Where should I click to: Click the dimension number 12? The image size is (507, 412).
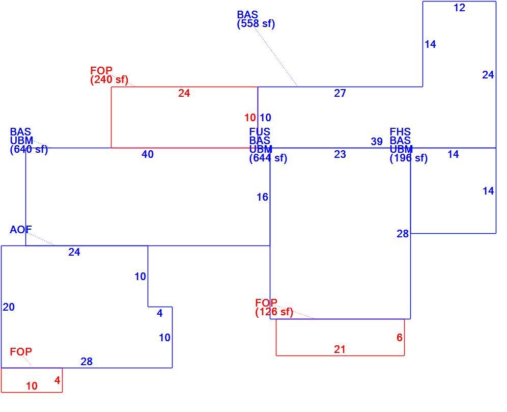tap(459, 8)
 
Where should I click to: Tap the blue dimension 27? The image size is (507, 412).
tap(340, 93)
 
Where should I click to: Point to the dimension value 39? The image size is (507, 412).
tap(377, 141)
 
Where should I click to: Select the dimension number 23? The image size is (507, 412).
tap(340, 154)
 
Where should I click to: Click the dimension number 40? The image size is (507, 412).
tap(148, 154)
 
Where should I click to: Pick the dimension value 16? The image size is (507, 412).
tap(262, 197)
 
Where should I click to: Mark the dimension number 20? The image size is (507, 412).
tap(9, 307)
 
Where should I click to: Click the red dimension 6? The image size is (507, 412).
tap(399, 337)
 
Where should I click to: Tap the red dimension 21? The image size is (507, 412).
tap(340, 349)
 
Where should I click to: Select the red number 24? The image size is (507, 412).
tap(184, 93)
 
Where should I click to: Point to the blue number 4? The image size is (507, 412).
tap(159, 313)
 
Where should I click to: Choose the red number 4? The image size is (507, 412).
tap(57, 380)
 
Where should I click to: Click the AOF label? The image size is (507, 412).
tap(21, 230)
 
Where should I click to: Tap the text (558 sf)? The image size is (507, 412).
tap(256, 23)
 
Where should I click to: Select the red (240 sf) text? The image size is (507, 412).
tap(109, 79)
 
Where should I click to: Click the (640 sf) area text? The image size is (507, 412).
tap(29, 150)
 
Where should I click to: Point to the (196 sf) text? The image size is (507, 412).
tap(409, 158)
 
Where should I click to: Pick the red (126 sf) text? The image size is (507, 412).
tap(274, 312)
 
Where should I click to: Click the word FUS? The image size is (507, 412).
tap(260, 132)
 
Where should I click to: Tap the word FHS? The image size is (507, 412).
tap(400, 132)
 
